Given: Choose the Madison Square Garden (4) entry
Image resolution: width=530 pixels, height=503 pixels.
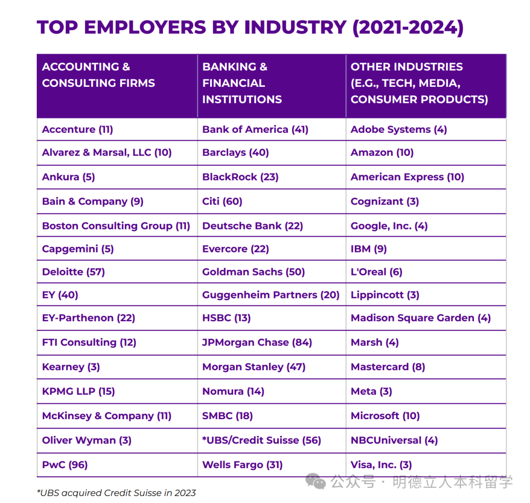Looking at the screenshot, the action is (421, 318).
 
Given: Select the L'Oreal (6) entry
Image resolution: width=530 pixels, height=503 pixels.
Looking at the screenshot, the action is (376, 272).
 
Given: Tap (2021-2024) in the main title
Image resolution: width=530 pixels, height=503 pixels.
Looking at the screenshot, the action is (408, 27).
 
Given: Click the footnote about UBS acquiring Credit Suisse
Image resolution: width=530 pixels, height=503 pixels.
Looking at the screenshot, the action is (116, 493).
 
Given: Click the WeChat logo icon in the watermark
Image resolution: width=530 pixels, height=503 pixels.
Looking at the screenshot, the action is (316, 481).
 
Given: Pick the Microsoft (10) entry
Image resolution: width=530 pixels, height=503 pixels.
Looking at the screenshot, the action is (385, 416).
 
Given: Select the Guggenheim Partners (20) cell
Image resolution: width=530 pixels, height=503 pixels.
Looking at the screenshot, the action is (271, 295).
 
